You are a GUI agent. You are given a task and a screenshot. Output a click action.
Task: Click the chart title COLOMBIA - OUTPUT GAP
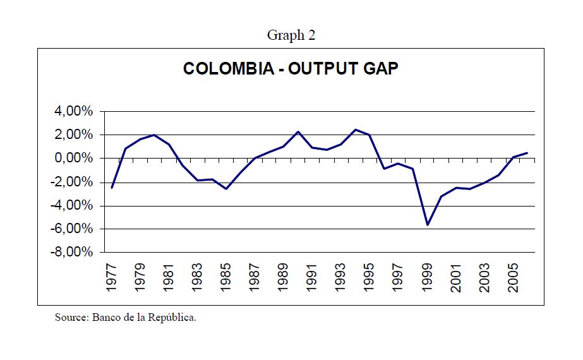pos(291,68)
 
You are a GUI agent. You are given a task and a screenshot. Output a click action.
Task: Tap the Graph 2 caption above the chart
pos(291,35)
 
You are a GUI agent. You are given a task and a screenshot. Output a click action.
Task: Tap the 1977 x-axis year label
pos(112,278)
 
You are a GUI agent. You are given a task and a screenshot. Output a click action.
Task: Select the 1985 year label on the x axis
pos(226,278)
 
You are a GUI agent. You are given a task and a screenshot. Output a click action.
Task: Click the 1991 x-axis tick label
pos(311,278)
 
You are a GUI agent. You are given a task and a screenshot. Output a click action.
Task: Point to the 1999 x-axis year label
pos(428,278)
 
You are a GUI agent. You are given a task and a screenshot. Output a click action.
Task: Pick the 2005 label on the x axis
pos(514,278)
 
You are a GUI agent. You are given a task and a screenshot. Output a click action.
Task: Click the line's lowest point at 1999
pos(428,224)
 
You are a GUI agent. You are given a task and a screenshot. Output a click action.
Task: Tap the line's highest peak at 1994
pos(355,129)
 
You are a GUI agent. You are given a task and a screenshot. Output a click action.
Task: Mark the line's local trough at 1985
pos(226,188)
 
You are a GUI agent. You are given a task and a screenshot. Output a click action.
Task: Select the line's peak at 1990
pos(298,131)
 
